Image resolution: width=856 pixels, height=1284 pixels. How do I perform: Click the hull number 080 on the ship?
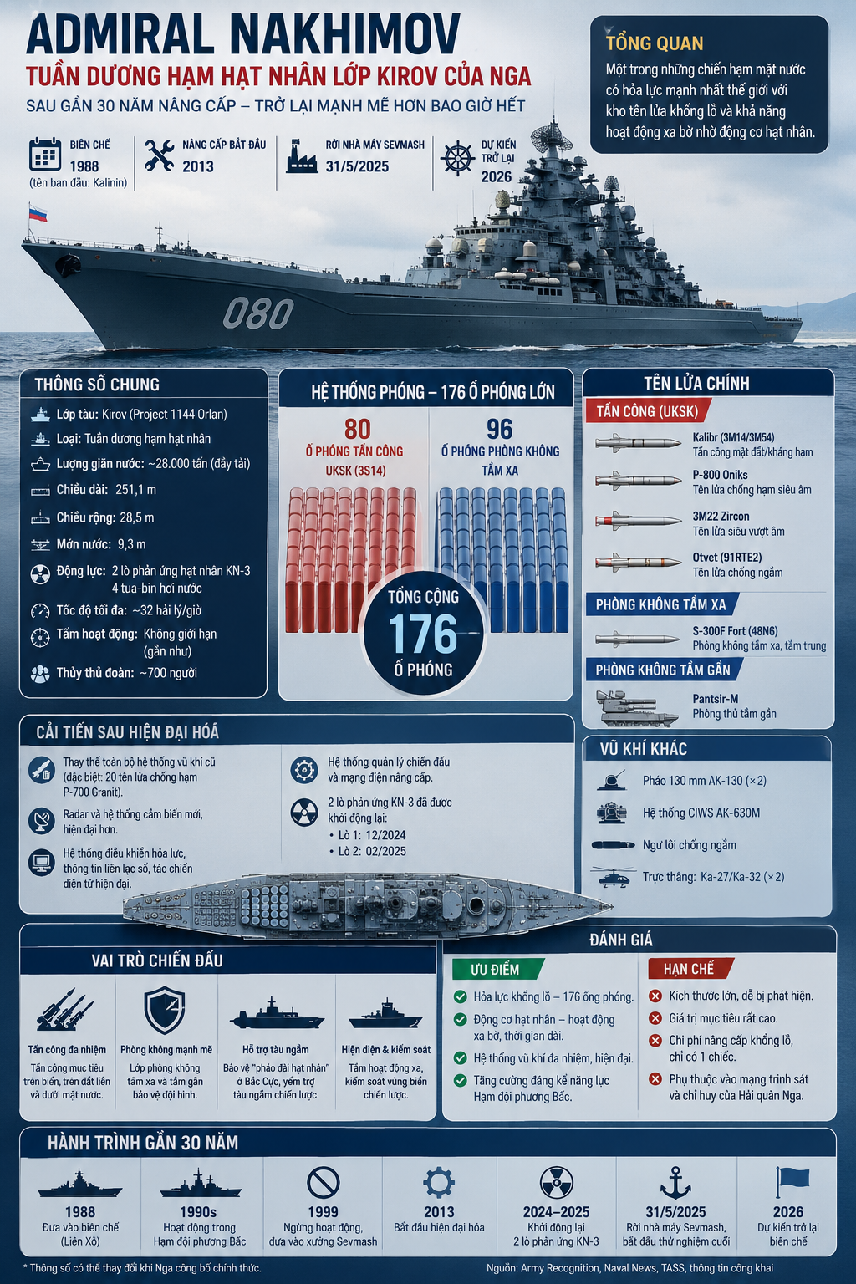tap(258, 313)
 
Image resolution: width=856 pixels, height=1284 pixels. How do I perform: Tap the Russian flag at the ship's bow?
tap(38, 214)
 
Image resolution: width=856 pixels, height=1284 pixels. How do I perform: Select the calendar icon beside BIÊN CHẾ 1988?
tap(44, 154)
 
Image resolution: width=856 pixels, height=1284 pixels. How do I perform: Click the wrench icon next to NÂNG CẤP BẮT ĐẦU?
tap(159, 155)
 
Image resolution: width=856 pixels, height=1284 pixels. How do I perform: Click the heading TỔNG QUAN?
tap(655, 43)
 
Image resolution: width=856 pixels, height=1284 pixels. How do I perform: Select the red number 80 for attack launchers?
tap(357, 429)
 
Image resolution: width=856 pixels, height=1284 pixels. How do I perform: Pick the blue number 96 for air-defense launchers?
tap(499, 429)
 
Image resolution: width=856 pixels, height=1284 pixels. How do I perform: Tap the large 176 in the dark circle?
tap(423, 634)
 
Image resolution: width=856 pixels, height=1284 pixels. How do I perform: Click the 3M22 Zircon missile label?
tap(721, 516)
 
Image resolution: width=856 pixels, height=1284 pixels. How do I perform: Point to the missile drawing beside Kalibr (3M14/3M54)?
tap(638, 443)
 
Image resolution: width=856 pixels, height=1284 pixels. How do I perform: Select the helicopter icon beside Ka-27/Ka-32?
tap(613, 876)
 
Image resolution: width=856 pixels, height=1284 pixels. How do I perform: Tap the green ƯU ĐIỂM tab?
tap(497, 970)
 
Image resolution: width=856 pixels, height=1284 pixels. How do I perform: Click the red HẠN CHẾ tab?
tap(690, 969)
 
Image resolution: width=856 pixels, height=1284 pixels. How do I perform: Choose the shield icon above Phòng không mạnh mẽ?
tap(165, 1010)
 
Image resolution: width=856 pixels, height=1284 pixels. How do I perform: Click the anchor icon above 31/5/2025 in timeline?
tap(675, 1183)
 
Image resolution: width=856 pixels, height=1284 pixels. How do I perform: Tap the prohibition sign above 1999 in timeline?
tap(324, 1183)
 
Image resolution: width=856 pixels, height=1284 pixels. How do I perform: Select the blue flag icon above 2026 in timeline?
tap(792, 1182)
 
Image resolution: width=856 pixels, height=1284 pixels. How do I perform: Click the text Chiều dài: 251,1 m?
tap(106, 490)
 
